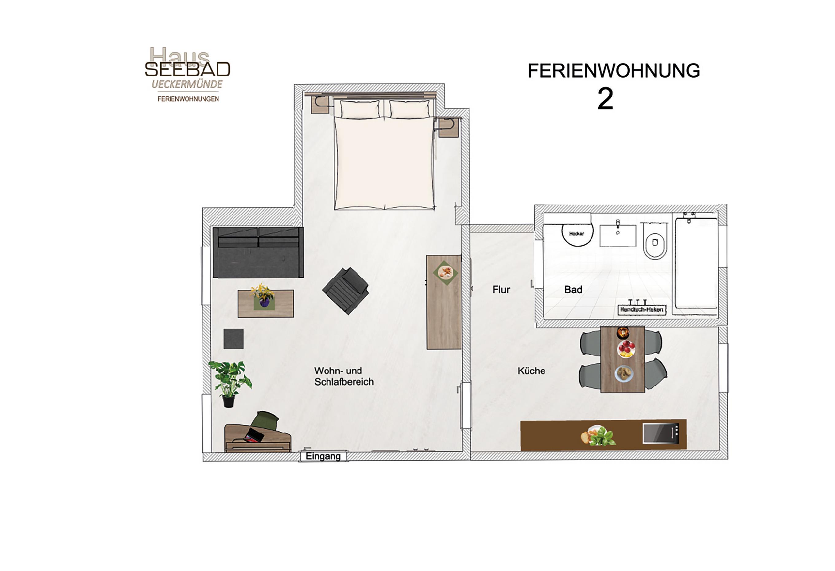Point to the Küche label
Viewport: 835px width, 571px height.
point(531,371)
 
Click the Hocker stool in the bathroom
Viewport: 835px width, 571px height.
point(577,234)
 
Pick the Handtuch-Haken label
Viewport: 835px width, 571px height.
point(642,309)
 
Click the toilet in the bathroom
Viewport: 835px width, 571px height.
point(655,240)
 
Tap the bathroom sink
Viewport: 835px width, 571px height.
point(618,235)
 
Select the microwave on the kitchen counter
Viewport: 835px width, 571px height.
point(661,434)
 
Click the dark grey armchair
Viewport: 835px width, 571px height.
point(346,291)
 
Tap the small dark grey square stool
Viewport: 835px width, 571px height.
point(234,339)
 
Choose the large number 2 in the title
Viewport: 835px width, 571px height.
point(605,99)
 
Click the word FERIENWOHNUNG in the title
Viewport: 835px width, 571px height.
point(614,71)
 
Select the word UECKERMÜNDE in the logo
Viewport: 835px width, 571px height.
point(187,84)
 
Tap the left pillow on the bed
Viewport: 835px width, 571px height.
point(360,109)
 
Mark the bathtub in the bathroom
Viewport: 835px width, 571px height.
point(696,263)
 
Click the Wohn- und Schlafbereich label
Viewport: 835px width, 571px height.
point(344,376)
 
